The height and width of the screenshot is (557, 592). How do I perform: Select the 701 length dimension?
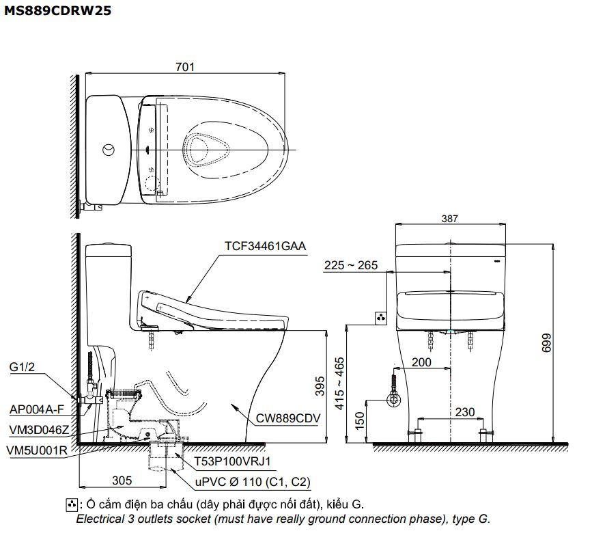click(x=184, y=67)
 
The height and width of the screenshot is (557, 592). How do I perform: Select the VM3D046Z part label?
click(x=39, y=429)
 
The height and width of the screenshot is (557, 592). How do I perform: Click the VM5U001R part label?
click(x=36, y=450)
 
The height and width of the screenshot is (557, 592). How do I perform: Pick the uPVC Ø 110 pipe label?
click(x=253, y=483)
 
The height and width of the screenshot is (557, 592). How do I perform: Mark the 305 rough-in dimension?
click(x=122, y=480)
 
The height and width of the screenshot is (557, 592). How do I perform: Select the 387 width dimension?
click(x=449, y=219)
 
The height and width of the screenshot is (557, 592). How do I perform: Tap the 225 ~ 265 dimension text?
click(x=350, y=265)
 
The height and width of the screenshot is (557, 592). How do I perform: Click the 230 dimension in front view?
click(x=464, y=411)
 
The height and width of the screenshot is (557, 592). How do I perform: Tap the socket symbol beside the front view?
click(x=382, y=318)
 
